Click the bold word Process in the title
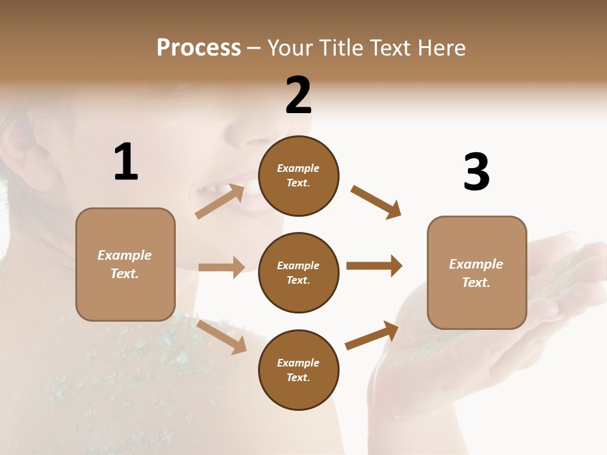199,48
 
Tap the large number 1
126,162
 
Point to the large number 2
298,95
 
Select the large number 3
477,172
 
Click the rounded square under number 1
125,264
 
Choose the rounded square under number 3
477,272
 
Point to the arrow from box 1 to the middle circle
221,267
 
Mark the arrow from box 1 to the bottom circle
221,336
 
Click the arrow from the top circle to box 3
376,202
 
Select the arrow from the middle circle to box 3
374,265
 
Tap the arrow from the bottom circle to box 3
372,336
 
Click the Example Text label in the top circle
298,176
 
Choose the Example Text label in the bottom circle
298,370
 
